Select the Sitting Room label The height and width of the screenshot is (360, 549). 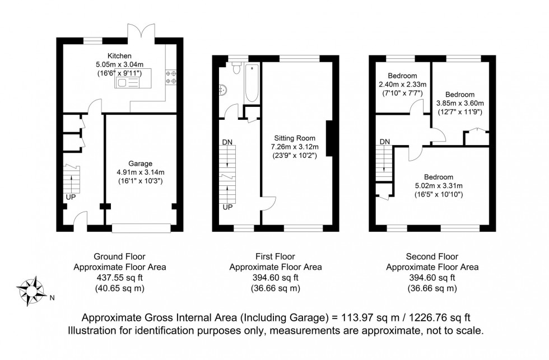pos(295,138)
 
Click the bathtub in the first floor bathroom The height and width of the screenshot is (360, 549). pos(250,84)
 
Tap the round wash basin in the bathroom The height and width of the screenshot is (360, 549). pos(223,90)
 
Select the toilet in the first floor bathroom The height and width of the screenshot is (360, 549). pos(236,68)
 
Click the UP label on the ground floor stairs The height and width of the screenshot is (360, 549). pos(71,197)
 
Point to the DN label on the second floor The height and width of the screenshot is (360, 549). pos(384,142)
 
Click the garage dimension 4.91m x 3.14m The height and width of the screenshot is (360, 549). pos(141,172)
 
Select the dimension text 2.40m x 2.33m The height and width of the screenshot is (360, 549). pos(402,85)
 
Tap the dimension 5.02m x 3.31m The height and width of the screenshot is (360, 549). pos(438,186)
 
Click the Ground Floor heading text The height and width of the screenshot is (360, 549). pos(119,257)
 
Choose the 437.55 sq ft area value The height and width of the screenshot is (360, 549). pos(119,278)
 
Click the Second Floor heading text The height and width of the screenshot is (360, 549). pos(432,257)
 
